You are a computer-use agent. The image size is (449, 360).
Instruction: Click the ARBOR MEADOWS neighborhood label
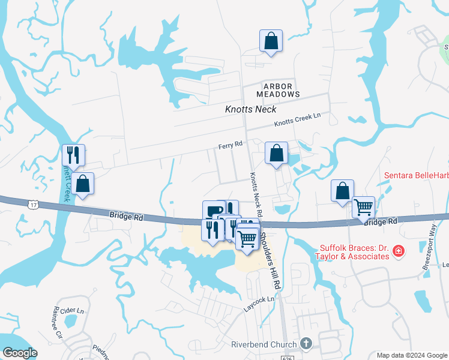pos(278,90)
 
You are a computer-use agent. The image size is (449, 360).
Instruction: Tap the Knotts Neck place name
pos(250,109)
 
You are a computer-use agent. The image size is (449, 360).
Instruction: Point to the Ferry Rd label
pos(230,145)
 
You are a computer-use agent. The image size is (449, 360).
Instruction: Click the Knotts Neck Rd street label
pos(256,194)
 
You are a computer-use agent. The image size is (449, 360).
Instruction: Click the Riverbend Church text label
pos(264,344)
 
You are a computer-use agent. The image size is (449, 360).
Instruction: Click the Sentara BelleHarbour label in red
pos(416,175)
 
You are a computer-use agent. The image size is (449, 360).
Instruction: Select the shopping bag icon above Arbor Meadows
pos(271,41)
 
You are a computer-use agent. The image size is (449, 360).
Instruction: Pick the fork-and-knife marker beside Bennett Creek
pos(74,155)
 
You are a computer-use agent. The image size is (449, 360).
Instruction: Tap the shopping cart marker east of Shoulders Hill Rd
pos(364,208)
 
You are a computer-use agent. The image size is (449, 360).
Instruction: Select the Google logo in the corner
pos(19,353)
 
